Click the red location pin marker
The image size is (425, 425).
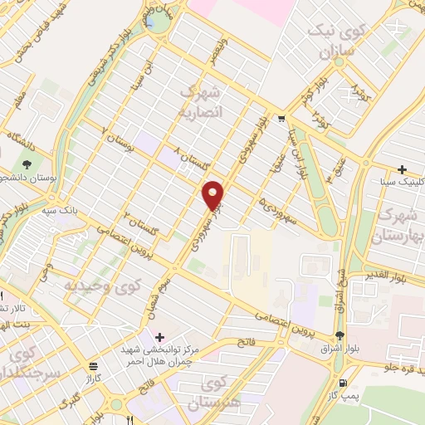[x=214, y=194]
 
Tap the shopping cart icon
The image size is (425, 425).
[x=282, y=119]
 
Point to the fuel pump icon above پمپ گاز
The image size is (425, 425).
[x=344, y=383]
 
